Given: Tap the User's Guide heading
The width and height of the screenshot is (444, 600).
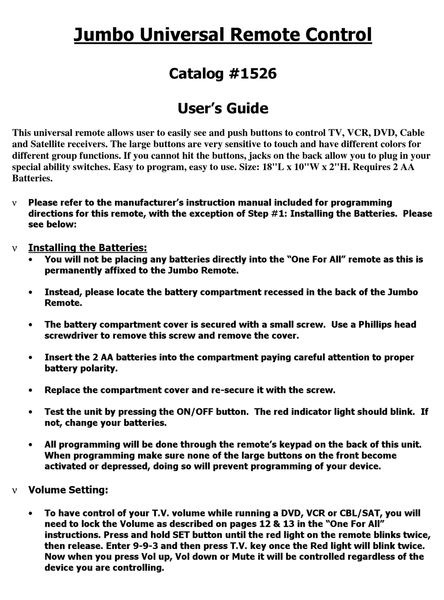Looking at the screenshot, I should [x=222, y=108].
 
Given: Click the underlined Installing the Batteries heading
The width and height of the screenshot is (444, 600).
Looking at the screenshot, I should [x=87, y=248].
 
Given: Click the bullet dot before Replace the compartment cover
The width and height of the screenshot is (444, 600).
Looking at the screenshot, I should [x=31, y=390].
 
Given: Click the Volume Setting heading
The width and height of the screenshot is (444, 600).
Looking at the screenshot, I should [x=68, y=490].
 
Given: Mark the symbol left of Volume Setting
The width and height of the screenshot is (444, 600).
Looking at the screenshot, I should [x=14, y=491].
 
